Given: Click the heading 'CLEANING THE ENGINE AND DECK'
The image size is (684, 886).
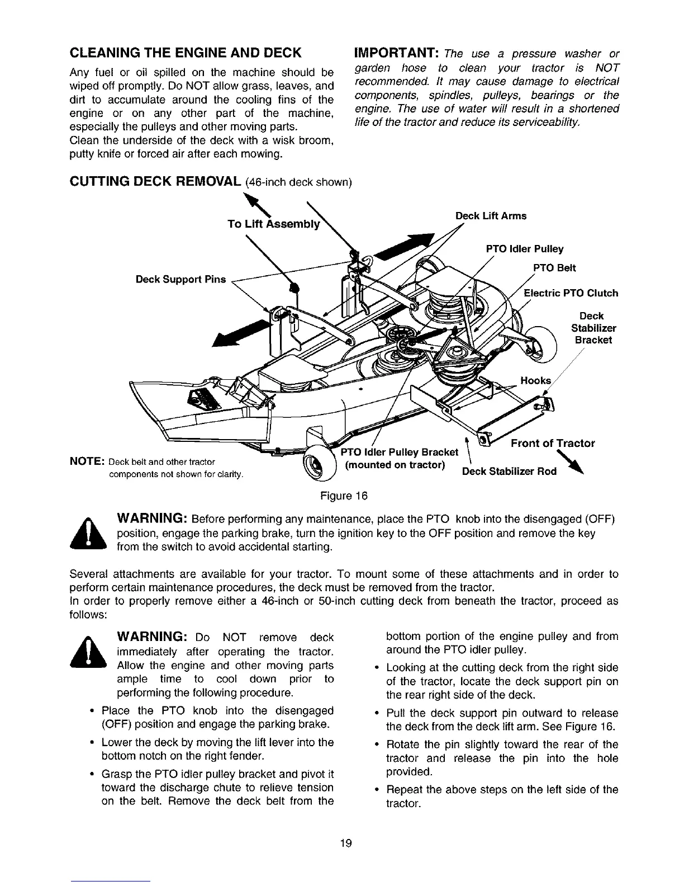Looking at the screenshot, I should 186,53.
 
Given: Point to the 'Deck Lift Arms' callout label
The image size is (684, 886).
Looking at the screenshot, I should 491,216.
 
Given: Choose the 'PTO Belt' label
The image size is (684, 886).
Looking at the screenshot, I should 554,268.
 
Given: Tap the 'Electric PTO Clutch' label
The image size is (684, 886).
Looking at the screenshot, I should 571,293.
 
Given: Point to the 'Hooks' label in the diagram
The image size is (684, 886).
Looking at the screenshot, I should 535,381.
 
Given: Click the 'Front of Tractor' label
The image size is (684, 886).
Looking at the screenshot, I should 553,444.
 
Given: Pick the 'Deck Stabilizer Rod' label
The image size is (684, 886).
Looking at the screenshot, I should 509,472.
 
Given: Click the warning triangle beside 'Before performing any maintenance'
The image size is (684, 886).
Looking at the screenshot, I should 92,535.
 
